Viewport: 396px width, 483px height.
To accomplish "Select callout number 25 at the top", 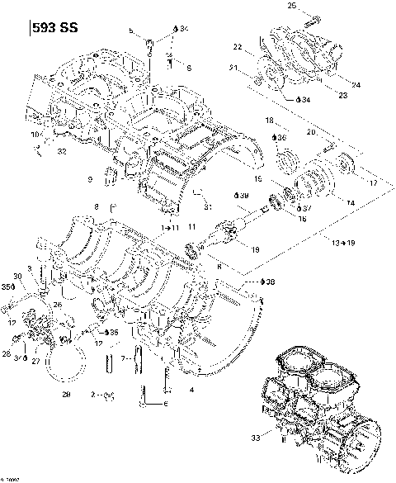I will pos(291,7).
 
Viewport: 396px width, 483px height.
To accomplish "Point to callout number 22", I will pos(237,46).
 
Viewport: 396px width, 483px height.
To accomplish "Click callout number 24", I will pos(356,84).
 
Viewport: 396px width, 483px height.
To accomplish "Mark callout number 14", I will pos(350,202).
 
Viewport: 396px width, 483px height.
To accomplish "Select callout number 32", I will pos(62,151).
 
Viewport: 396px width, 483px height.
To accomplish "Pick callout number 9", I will pos(90,179).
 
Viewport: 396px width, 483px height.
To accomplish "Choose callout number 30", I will pos(18,276).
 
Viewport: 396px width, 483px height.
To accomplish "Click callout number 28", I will pos(6,353).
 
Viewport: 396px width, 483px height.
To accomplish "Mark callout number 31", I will pos(209,206).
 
